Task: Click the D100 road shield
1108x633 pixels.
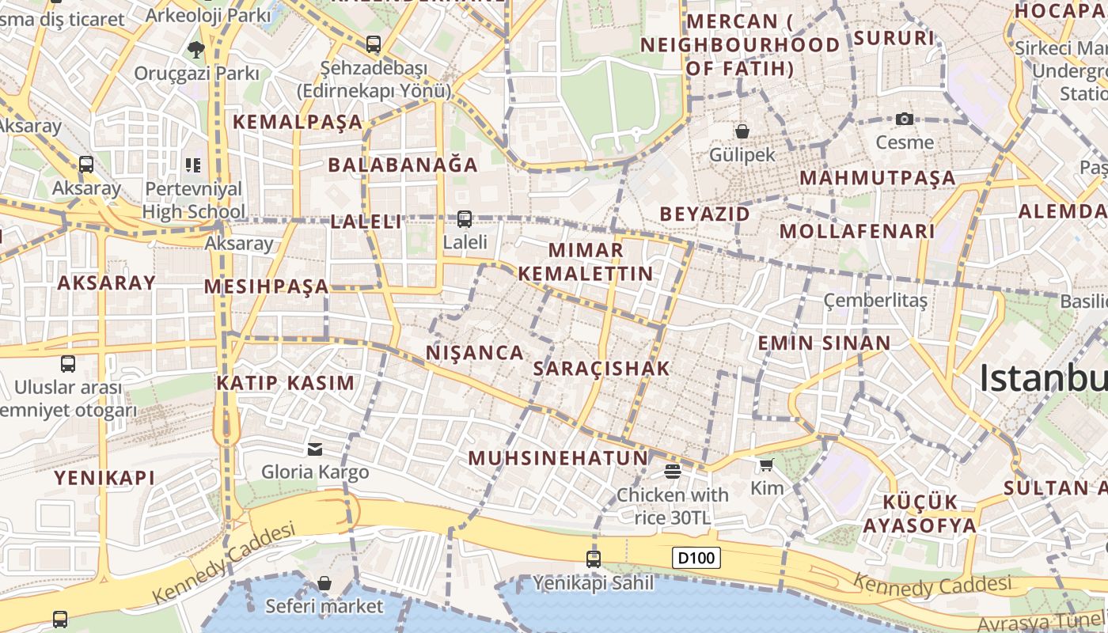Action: pos(697,558)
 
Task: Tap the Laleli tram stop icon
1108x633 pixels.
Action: pos(465,218)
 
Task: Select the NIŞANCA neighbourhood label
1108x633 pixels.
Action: pos(475,353)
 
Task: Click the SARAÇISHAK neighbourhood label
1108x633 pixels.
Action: pos(601,369)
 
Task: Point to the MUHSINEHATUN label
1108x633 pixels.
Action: pos(558,458)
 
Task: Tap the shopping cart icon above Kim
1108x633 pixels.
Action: pos(766,464)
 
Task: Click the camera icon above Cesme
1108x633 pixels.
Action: pos(905,119)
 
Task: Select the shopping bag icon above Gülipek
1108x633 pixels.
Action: pos(742,131)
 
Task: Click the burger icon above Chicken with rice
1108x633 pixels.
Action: pos(673,472)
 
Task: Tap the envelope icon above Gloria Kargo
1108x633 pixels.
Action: pos(315,449)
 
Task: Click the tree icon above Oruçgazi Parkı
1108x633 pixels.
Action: pos(195,50)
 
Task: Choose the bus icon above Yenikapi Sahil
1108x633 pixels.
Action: pos(594,559)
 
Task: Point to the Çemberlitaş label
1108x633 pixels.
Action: pos(875,301)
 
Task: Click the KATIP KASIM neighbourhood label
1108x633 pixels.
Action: pos(286,383)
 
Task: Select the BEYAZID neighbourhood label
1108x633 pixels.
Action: pos(704,214)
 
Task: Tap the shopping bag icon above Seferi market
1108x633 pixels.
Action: pos(324,584)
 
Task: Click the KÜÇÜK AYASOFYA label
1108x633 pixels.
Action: pos(920,514)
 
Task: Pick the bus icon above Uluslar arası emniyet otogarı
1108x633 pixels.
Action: pos(68,364)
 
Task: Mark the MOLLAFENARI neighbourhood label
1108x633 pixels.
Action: pos(857,232)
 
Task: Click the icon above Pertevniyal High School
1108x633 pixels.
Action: pos(193,165)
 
